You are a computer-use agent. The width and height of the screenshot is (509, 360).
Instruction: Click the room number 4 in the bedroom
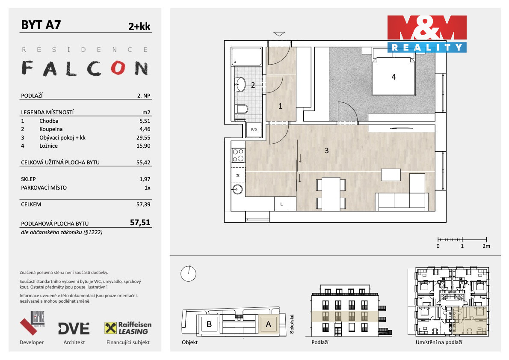coord(394,77)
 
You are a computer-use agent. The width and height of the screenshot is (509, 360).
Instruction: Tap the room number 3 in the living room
coord(326,151)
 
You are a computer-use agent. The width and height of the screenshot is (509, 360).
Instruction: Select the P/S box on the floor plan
coord(254,130)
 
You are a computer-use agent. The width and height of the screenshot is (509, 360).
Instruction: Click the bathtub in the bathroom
coord(247,57)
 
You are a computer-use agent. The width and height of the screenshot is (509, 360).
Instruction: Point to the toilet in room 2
coord(242,109)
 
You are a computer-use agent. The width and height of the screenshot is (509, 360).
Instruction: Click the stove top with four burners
coord(238,155)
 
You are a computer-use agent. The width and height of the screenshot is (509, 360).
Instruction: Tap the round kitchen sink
coord(238,189)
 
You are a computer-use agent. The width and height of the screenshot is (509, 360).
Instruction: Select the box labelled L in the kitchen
coord(281,204)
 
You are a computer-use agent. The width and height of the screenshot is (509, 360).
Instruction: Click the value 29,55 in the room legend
coord(143,138)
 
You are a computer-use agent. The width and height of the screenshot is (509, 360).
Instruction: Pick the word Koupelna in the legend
coord(51,129)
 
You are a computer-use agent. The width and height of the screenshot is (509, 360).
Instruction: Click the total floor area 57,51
coord(140,222)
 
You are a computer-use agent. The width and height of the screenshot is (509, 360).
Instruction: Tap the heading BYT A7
coord(41,25)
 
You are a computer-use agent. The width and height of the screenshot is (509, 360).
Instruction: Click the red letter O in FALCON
coord(118,68)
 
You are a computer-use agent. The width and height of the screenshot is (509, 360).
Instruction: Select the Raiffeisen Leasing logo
coord(128,328)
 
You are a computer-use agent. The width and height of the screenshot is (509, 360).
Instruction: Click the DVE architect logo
coord(74,328)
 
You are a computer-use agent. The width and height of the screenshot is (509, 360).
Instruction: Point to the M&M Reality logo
coord(427,34)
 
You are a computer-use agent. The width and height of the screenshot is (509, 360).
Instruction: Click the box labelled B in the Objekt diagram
coord(210,324)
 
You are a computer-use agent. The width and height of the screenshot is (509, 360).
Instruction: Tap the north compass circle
coord(188,274)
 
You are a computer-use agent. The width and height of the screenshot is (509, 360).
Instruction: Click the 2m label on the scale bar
coord(486,246)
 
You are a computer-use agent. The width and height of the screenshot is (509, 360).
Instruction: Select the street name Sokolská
coord(292,324)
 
